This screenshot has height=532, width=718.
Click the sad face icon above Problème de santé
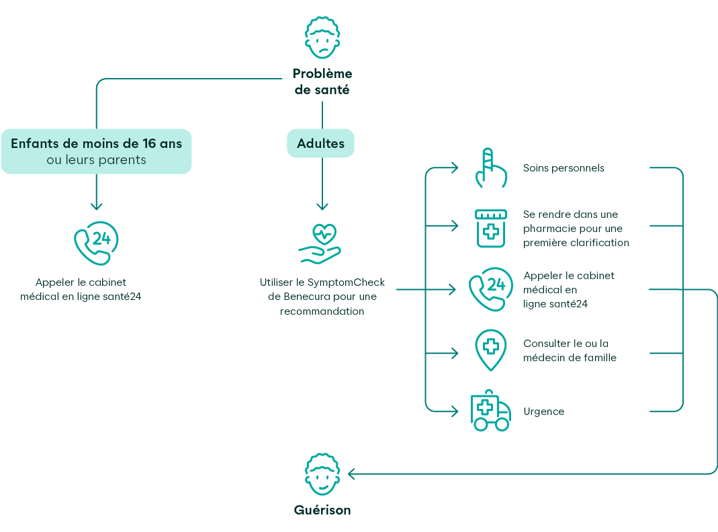[322, 38]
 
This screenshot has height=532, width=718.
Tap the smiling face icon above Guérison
[322, 474]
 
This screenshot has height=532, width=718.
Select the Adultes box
[320, 143]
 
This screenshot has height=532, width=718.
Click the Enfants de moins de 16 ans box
[96, 151]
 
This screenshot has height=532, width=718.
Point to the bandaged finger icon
[491, 168]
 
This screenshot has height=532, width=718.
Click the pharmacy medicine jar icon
[491, 229]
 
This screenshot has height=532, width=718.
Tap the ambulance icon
[491, 410]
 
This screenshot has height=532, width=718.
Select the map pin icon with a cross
[491, 350]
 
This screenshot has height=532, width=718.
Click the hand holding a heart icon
[320, 243]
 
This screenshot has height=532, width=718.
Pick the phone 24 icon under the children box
[96, 243]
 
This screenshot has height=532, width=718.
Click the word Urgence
[543, 412]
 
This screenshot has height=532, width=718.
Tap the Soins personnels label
[564, 168]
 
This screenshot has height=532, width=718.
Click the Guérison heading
[322, 510]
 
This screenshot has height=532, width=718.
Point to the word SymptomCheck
[346, 282]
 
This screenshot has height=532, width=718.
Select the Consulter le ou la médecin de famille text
[570, 350]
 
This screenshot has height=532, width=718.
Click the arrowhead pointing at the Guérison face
[352, 473]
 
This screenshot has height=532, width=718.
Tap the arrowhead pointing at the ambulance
[455, 412]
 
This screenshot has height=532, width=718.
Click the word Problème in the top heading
[322, 73]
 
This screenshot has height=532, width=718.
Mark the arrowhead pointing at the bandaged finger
[455, 168]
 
